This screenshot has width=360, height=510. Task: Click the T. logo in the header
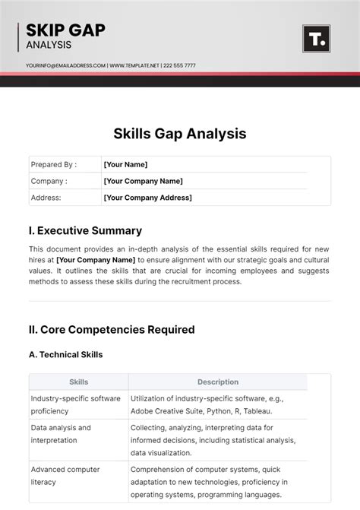pos(315,39)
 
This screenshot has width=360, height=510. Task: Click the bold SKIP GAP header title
pos(65,30)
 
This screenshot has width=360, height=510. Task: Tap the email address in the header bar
pos(65,65)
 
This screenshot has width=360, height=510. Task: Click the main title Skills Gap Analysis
pos(180,133)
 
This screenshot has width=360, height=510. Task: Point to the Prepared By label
pos(53,164)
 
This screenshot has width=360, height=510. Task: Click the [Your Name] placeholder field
pos(125,164)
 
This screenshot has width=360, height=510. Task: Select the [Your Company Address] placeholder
pos(147,198)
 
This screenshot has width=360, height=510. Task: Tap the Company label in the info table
pos(49,181)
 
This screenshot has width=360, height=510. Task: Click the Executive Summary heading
pos(85,230)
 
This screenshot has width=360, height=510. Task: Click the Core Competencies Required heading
pos(112,330)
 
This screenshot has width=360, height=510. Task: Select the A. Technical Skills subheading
pos(65,354)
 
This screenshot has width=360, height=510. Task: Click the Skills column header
pos(78,382)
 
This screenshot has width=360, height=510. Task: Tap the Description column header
pos(218,382)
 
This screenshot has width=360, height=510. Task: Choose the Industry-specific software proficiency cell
pos(75,404)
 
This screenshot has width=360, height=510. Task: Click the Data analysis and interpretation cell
pos(61,434)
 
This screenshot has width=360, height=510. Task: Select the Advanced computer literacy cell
pos(65,476)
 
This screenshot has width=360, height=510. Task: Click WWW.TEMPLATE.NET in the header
pos(134,65)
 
